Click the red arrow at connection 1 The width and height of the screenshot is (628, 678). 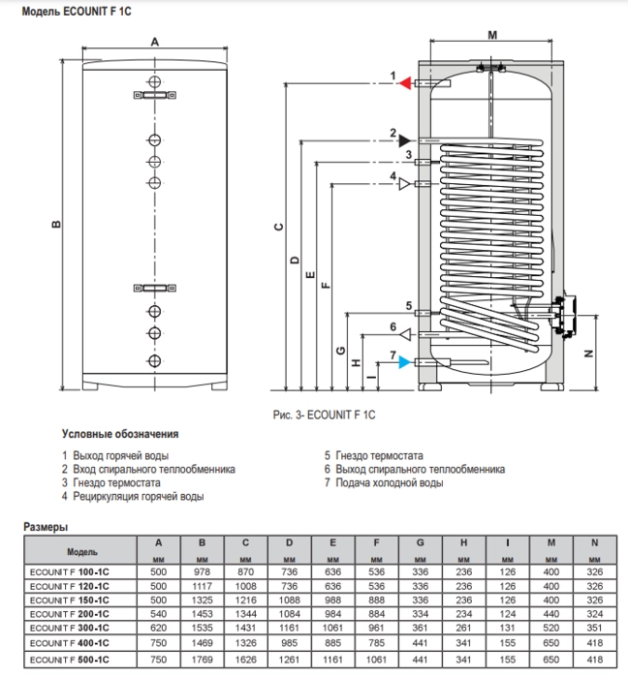pyautogui.click(x=405, y=83)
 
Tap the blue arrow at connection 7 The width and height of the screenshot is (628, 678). pyautogui.click(x=405, y=362)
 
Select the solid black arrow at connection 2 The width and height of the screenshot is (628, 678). pyautogui.click(x=405, y=140)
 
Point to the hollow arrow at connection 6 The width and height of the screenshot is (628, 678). pyautogui.click(x=405, y=334)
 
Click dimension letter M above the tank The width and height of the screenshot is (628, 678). pyautogui.click(x=492, y=35)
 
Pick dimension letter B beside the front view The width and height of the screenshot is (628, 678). pyautogui.click(x=56, y=224)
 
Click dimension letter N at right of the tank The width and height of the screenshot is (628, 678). pyautogui.click(x=588, y=354)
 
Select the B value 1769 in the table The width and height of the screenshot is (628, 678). pyautogui.click(x=202, y=660)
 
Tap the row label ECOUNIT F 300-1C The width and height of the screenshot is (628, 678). pyautogui.click(x=69, y=628)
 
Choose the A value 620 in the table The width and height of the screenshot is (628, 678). pyautogui.click(x=158, y=628)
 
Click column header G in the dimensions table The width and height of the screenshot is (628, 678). pyautogui.click(x=420, y=542)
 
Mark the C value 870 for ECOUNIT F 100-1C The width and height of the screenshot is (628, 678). pyautogui.click(x=245, y=571)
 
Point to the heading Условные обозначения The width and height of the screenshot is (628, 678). pyautogui.click(x=120, y=434)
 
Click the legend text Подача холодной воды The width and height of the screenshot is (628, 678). pyautogui.click(x=390, y=482)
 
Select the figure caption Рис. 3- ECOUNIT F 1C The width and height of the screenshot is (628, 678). pyautogui.click(x=324, y=416)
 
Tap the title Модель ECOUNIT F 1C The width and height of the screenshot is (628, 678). pyautogui.click(x=77, y=12)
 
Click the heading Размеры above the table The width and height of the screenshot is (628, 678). pyautogui.click(x=46, y=527)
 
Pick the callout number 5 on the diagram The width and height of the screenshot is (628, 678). pyautogui.click(x=409, y=306)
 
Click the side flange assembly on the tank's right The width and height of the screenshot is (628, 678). pyautogui.click(x=564, y=316)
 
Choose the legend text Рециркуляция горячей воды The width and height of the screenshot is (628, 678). pyautogui.click(x=139, y=496)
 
